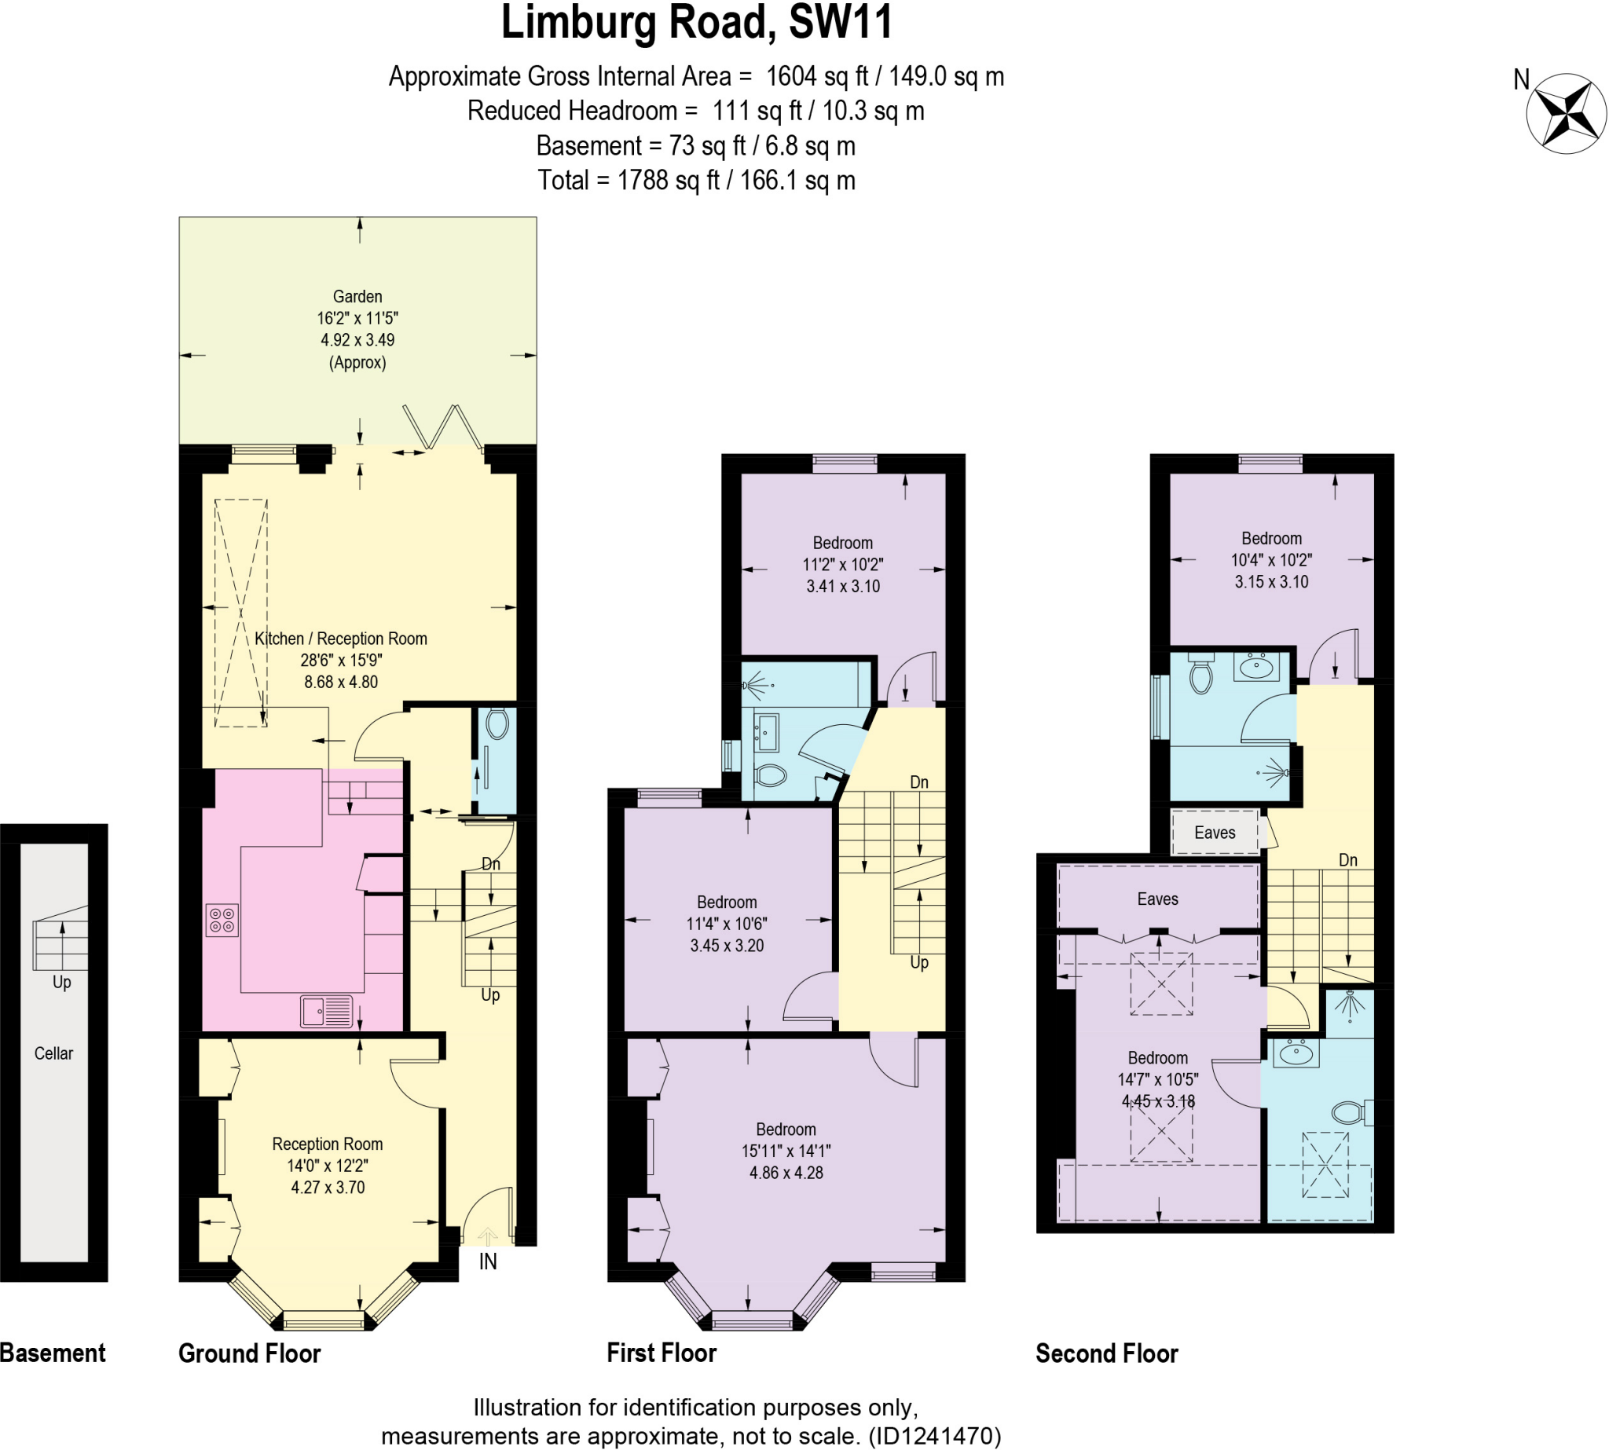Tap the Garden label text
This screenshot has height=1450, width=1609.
pyautogui.click(x=357, y=296)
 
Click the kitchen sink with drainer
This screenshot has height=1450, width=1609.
pyautogui.click(x=327, y=1012)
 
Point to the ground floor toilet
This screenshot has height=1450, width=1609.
pyautogui.click(x=497, y=724)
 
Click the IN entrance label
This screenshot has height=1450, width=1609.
pyautogui.click(x=488, y=1262)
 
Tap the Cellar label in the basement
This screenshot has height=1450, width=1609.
pyautogui.click(x=53, y=1053)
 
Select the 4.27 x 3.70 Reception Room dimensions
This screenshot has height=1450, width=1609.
pyautogui.click(x=328, y=1187)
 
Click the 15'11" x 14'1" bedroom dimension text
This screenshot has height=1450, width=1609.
pyautogui.click(x=786, y=1151)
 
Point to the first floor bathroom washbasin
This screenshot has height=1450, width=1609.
pyautogui.click(x=767, y=733)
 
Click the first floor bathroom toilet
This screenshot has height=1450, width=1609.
pyautogui.click(x=770, y=774)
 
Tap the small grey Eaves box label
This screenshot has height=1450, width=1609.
pyautogui.click(x=1214, y=833)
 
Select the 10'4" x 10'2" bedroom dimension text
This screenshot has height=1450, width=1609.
pyautogui.click(x=1271, y=560)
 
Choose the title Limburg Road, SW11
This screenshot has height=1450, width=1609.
pyautogui.click(x=696, y=22)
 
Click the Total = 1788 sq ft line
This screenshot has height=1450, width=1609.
pyautogui.click(x=696, y=180)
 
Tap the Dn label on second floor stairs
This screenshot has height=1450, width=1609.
pyautogui.click(x=1347, y=859)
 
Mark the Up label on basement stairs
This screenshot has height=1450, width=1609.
pyautogui.click(x=61, y=982)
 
